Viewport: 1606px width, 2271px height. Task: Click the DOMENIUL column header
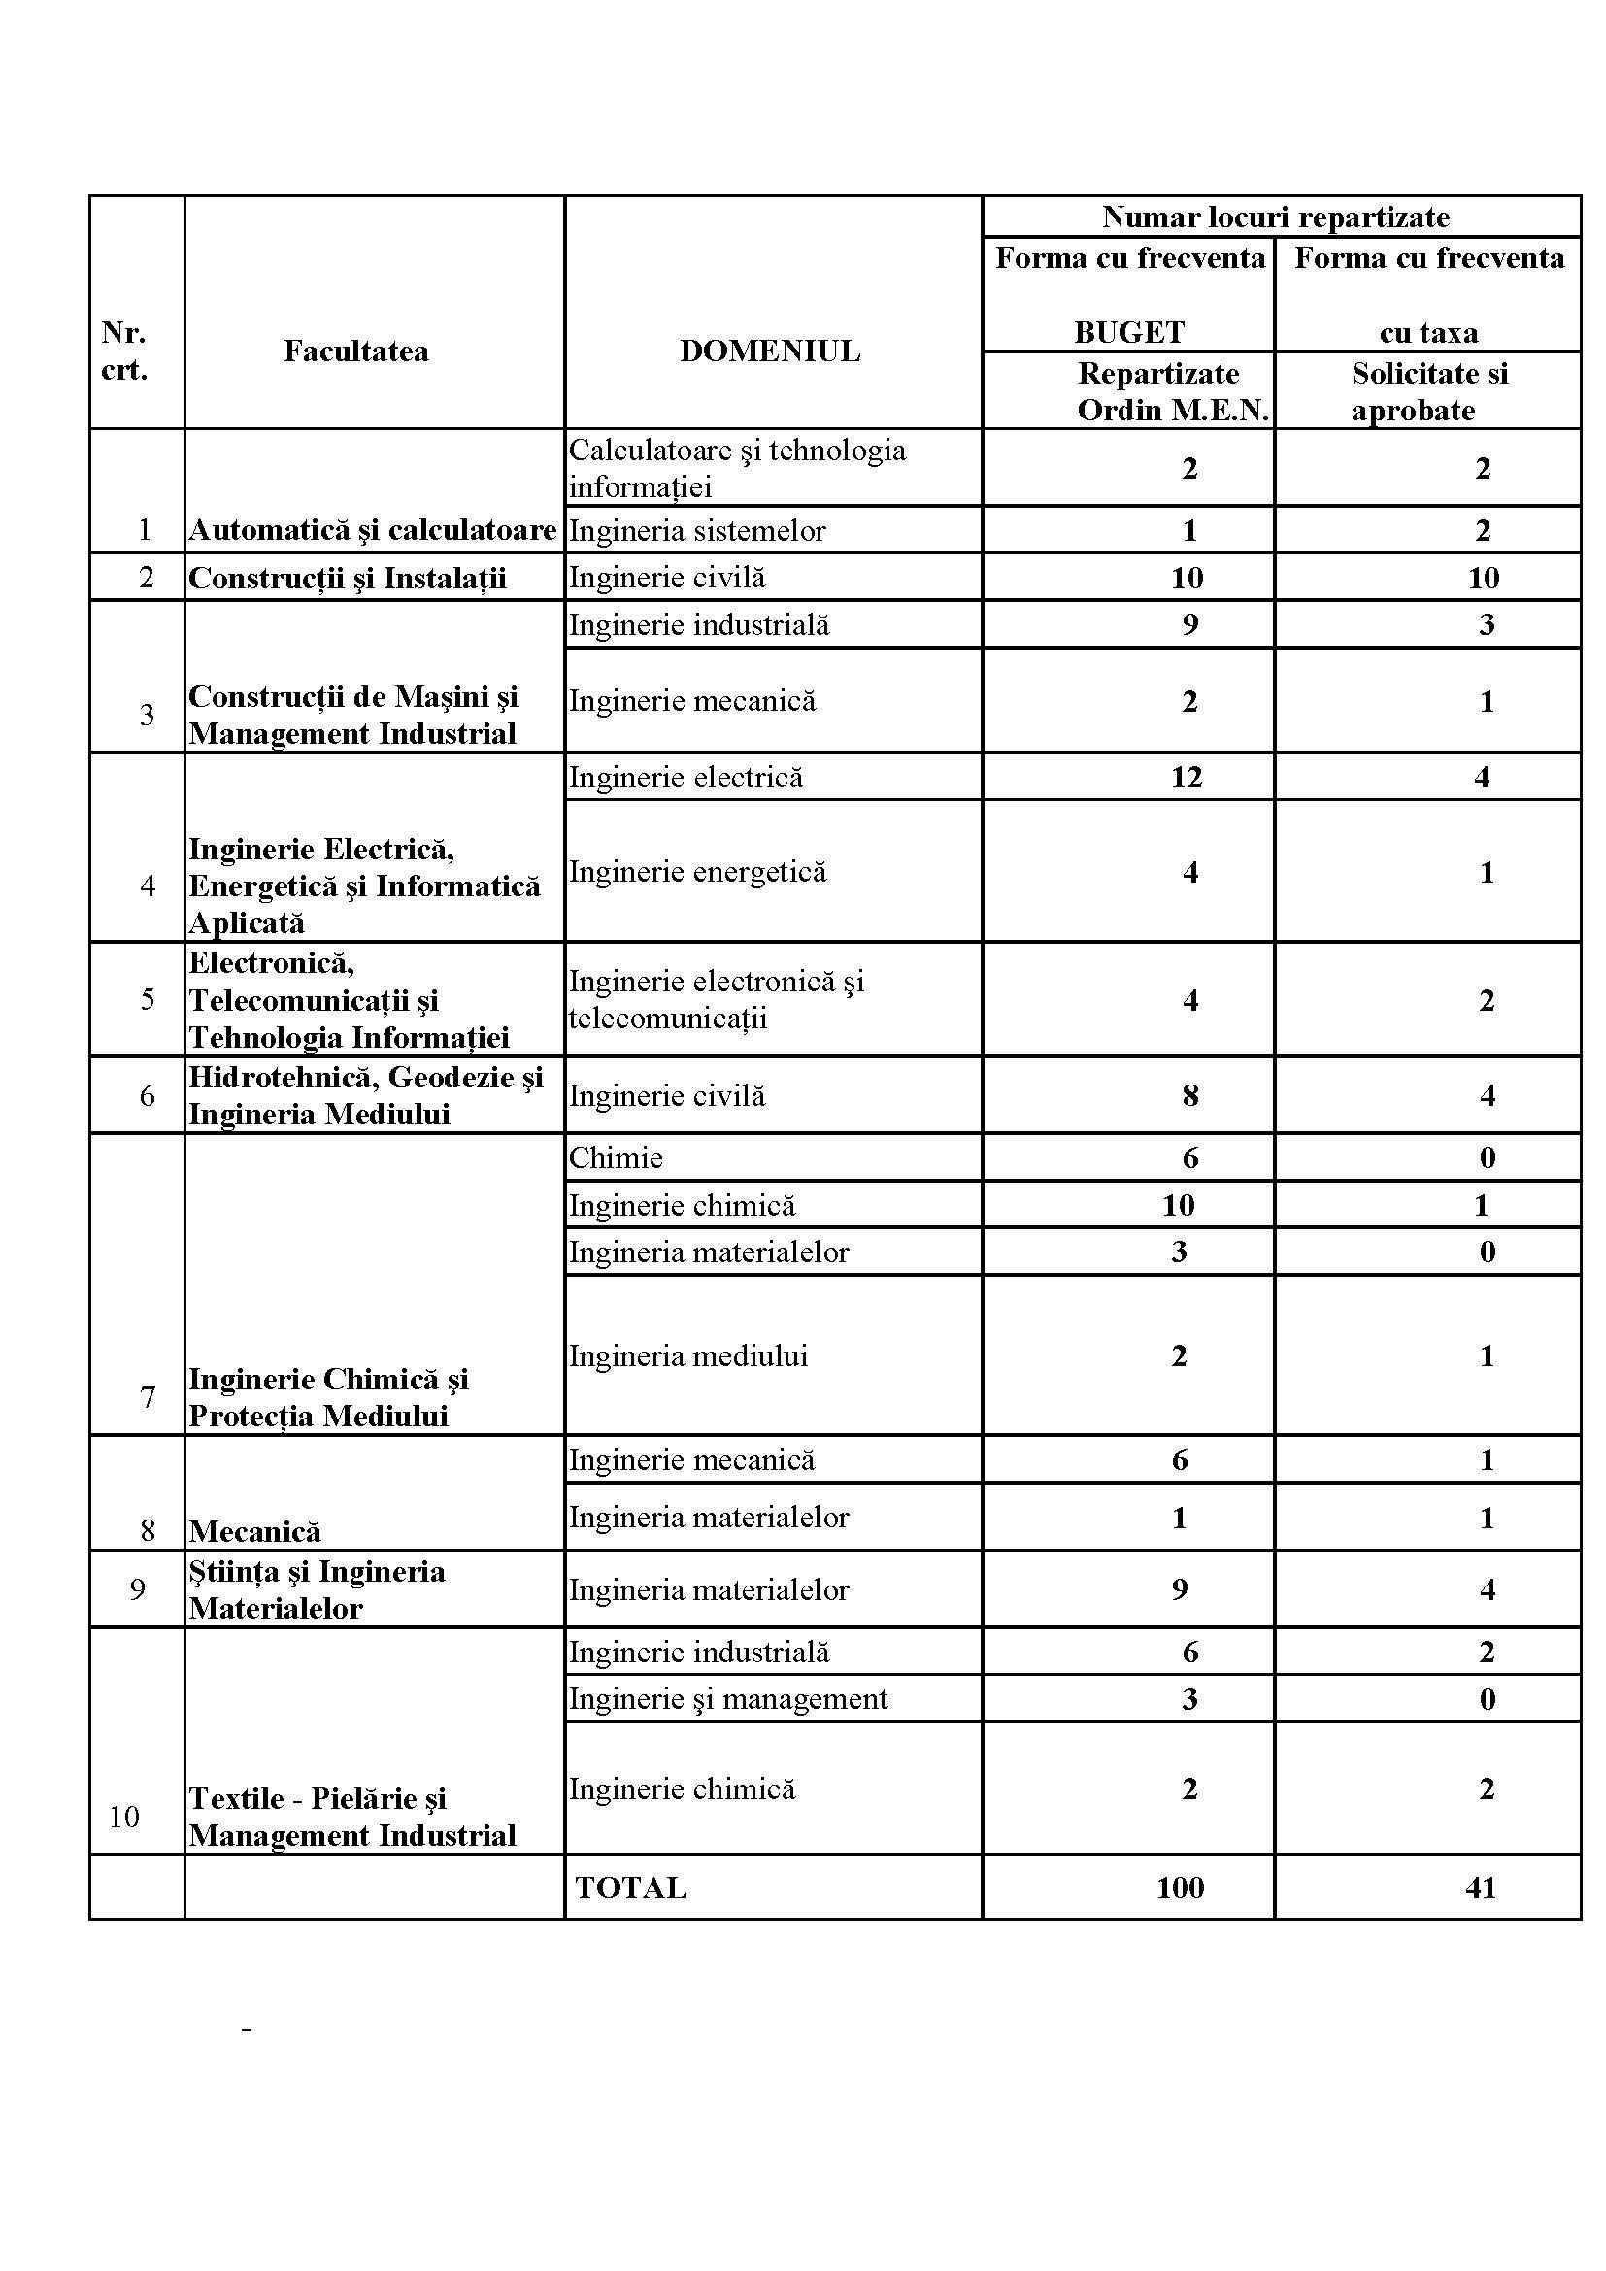tap(769, 351)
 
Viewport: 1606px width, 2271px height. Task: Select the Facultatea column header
tap(356, 351)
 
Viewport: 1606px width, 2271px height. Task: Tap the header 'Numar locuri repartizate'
tap(1276, 217)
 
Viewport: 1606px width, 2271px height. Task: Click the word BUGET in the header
tap(1129, 332)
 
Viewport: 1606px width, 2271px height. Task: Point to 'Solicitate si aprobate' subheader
tap(1429, 391)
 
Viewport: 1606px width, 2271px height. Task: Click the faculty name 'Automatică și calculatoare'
tap(373, 530)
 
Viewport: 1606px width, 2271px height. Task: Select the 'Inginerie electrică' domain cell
tap(686, 778)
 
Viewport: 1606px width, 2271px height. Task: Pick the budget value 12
tap(1187, 778)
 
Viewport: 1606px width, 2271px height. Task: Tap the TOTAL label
tap(631, 1887)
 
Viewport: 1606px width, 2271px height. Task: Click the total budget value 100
tap(1180, 1887)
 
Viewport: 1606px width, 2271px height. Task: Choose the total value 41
tap(1481, 1887)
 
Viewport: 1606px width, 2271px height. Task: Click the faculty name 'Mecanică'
tap(255, 1531)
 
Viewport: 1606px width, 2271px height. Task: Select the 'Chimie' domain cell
tap(617, 1157)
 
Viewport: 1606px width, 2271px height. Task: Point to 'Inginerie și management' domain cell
tap(728, 1699)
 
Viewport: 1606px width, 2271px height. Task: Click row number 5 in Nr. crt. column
tap(148, 1000)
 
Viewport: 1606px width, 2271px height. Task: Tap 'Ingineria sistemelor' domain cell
tap(697, 530)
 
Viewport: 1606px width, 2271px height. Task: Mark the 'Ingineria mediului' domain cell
tap(688, 1355)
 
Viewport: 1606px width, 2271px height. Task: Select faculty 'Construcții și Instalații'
tap(347, 578)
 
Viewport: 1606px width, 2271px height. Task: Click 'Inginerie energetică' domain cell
tap(697, 871)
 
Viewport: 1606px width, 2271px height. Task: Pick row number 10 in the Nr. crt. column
tap(124, 1816)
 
